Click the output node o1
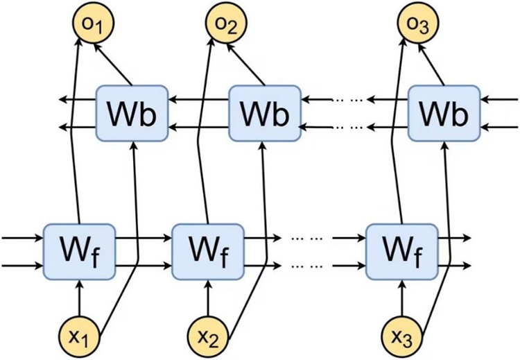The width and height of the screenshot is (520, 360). [x=93, y=23]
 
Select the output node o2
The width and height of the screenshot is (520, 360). [x=226, y=23]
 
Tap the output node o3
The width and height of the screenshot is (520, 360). [x=418, y=23]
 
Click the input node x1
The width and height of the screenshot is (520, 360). [x=80, y=336]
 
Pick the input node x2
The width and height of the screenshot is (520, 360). [x=208, y=336]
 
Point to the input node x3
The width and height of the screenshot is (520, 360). [x=403, y=336]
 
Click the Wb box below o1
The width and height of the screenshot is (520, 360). [x=132, y=113]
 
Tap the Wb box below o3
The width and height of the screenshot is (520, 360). [x=444, y=113]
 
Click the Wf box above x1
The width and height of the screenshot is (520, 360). [x=80, y=252]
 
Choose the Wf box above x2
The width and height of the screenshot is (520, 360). [x=208, y=252]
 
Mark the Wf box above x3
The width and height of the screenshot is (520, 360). [x=402, y=252]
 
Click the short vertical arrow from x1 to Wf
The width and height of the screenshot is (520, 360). [x=80, y=298]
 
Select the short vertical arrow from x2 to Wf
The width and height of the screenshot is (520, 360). [x=208, y=298]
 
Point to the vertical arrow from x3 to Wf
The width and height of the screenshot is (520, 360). [x=402, y=298]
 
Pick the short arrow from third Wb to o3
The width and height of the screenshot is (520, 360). [x=431, y=65]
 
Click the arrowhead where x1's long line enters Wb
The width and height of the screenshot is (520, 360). [x=134, y=146]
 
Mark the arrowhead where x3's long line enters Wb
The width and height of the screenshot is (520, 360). [x=444, y=146]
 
